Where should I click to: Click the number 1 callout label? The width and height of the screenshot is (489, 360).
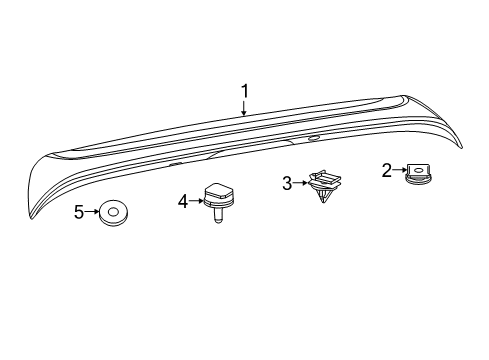244,93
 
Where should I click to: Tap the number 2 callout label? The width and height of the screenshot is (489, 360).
386,170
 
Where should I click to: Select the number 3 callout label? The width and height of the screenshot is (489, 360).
287,183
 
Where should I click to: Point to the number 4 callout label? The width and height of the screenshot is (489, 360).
183,200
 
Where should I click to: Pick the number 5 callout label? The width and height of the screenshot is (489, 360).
79,212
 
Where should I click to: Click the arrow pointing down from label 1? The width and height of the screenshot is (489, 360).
244,110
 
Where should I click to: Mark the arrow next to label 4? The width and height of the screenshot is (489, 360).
196,200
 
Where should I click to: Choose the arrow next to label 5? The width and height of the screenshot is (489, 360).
92,212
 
